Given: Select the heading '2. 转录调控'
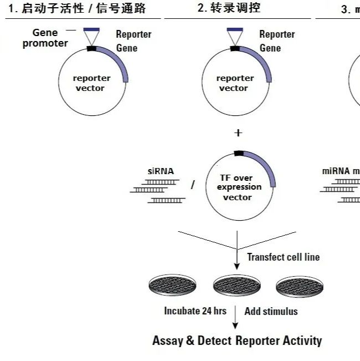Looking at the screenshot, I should (229, 8).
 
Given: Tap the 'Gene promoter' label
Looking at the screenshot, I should (45, 38).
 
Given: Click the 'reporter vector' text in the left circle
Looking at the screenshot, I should (92, 83).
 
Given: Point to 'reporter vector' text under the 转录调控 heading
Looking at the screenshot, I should (235, 83).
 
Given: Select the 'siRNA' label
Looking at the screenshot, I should (161, 171).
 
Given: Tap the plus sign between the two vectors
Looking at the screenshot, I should (238, 133).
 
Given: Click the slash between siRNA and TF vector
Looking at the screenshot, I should (193, 185).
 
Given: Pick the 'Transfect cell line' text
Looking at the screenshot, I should (283, 257).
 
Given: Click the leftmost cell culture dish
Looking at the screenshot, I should (173, 286).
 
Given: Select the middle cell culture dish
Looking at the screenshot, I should (237, 286).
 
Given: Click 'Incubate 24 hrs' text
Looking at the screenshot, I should (195, 311).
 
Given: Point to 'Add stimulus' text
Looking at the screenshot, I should (271, 311).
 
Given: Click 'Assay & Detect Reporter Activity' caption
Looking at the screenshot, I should (237, 340).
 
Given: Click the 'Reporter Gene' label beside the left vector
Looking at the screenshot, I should (133, 41).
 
